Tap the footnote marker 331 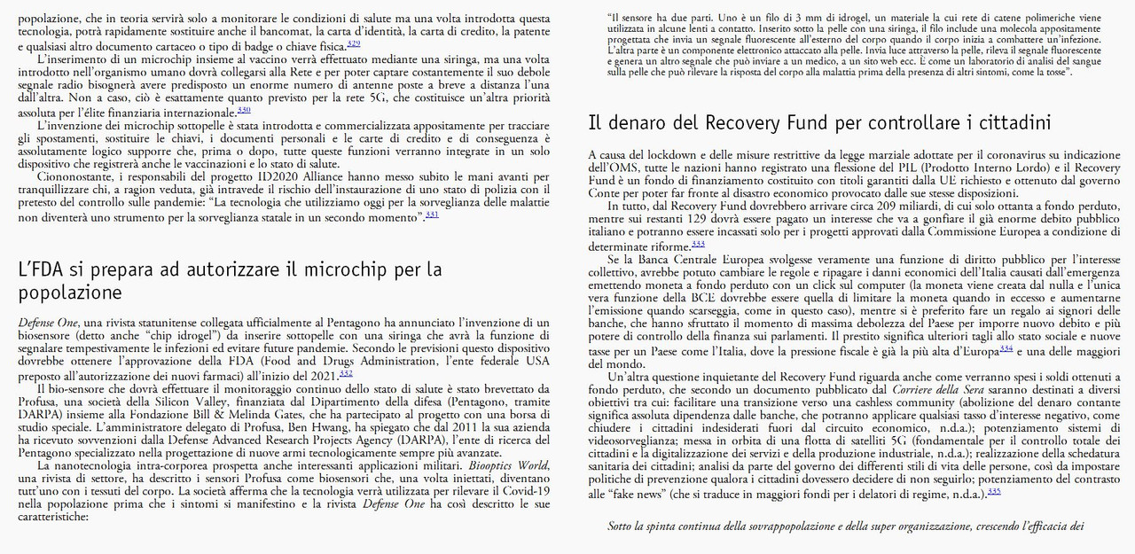pos(432,214)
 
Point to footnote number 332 pos(346,373)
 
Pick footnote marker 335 pos(994,490)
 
